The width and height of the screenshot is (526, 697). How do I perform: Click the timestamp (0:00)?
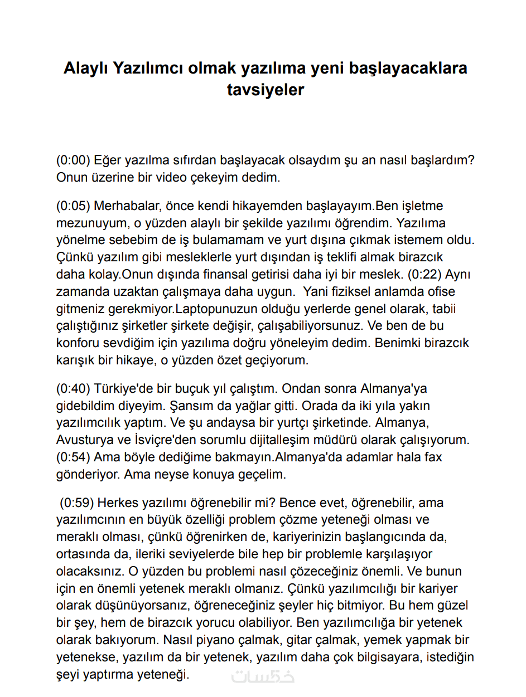coord(73,160)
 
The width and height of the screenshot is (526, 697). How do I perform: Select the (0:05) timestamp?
coord(73,206)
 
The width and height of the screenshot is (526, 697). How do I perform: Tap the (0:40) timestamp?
coord(73,388)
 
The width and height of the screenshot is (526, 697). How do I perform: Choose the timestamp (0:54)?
coord(73,457)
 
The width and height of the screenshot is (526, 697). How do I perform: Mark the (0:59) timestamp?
coord(77,503)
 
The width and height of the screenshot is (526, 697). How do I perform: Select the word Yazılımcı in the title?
coord(148,68)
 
